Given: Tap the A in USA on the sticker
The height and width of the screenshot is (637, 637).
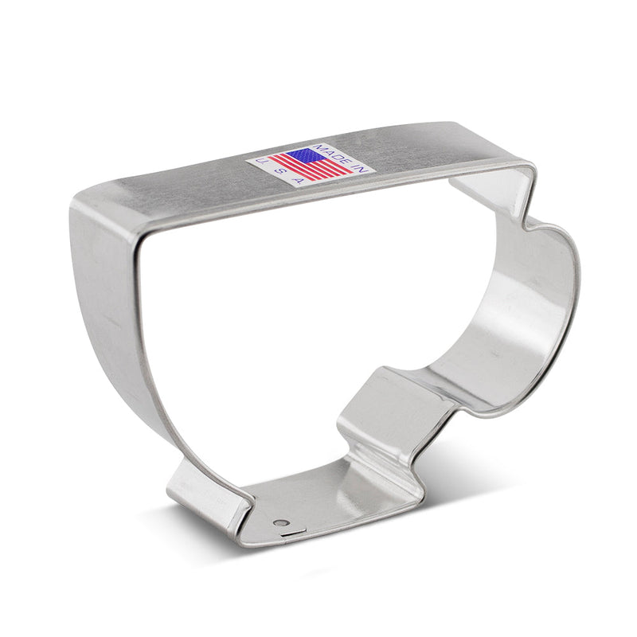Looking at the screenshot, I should pos(299,181).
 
